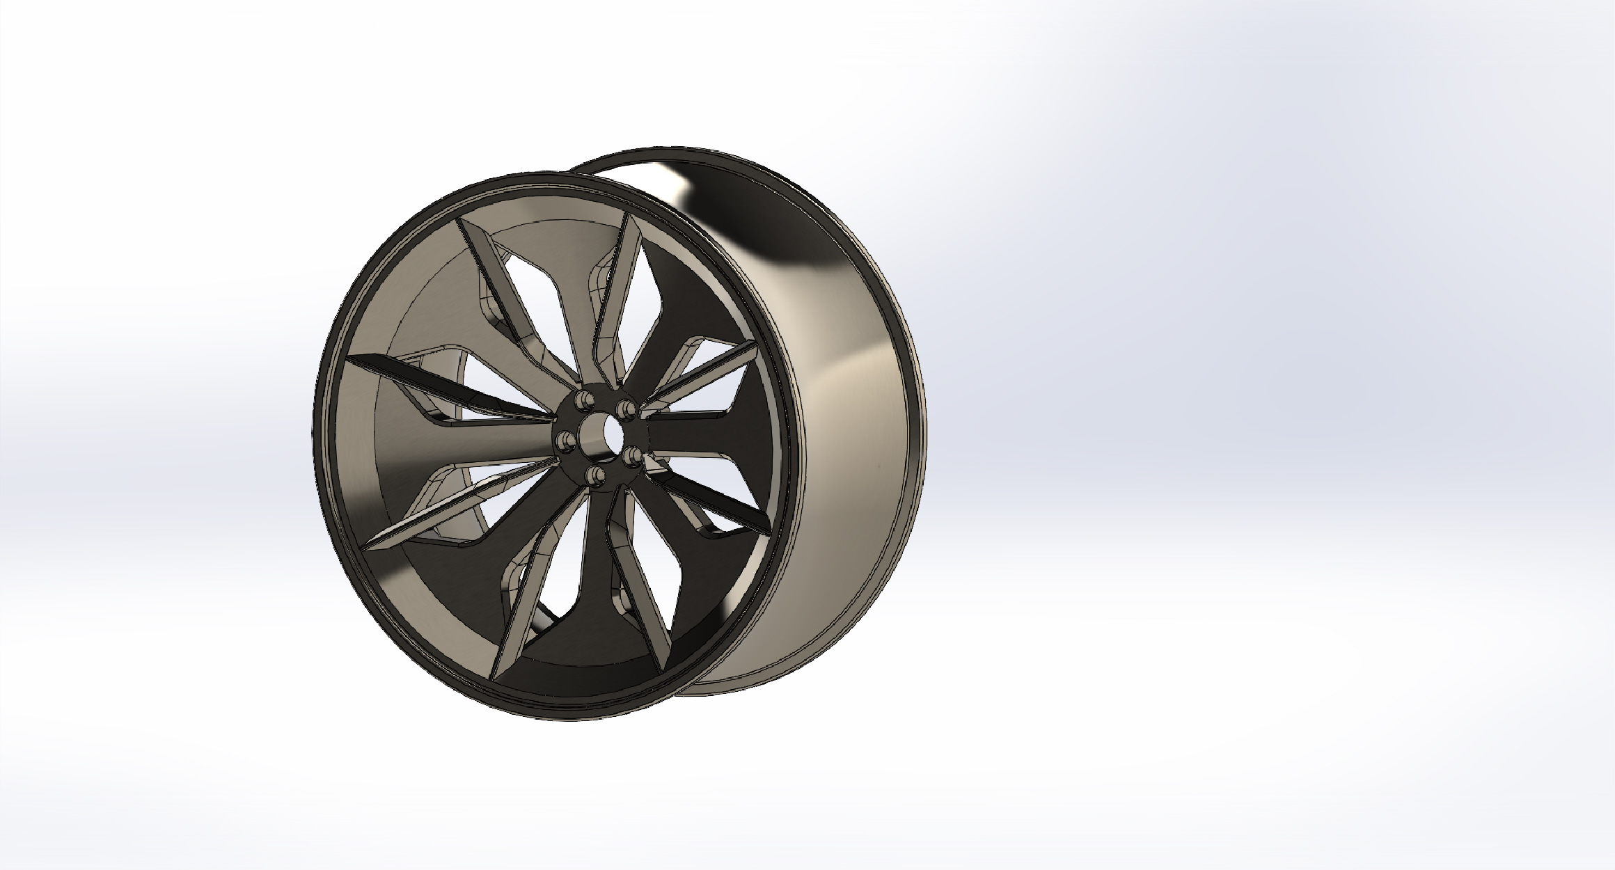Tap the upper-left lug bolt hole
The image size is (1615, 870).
pos(583,400)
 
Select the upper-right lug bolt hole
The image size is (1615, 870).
pos(627,406)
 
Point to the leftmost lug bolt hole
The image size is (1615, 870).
pos(565,440)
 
